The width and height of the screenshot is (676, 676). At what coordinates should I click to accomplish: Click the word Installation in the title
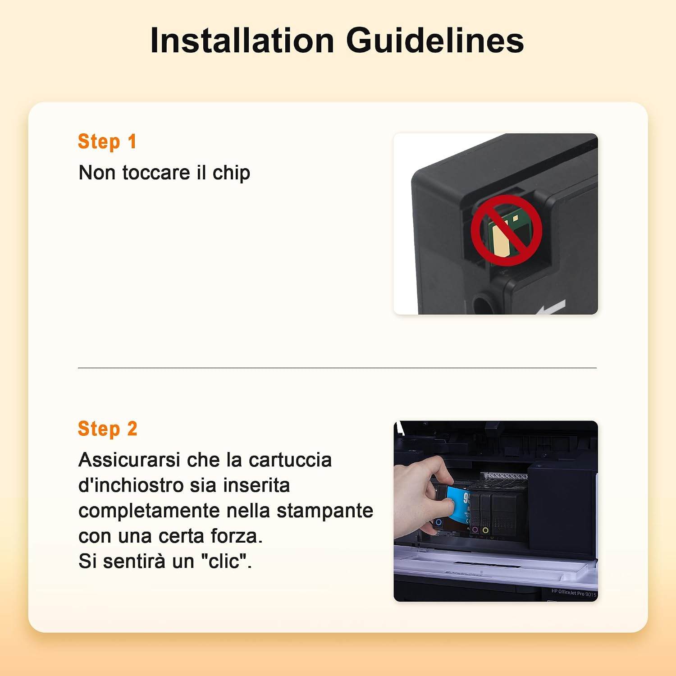[242, 41]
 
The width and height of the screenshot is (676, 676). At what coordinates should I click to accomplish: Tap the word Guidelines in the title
[435, 41]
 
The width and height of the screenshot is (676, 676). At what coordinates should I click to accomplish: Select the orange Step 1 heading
[107, 142]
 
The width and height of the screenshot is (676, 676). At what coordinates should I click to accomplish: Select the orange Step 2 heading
[108, 429]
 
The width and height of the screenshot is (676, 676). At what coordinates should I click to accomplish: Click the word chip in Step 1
[231, 173]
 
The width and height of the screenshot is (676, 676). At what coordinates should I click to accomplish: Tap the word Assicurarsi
[129, 460]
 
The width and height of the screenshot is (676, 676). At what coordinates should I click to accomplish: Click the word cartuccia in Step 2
[290, 460]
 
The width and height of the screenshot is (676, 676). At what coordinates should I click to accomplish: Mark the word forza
[237, 536]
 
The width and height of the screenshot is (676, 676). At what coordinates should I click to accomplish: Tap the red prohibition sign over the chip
[506, 230]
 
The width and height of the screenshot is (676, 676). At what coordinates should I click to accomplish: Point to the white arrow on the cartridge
[551, 308]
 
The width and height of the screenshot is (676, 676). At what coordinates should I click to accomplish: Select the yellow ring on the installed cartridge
[485, 530]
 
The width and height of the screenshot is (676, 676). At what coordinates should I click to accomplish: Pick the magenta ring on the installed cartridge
[475, 530]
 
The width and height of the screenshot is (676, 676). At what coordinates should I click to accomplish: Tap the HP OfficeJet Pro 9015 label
[574, 593]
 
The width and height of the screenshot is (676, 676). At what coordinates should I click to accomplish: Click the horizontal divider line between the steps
[337, 368]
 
